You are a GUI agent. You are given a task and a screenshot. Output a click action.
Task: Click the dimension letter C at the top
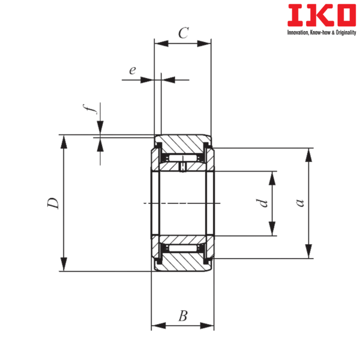(x=184, y=33)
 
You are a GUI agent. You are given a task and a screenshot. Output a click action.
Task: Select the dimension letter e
(x=133, y=70)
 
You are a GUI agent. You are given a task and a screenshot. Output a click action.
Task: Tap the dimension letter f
(x=90, y=109)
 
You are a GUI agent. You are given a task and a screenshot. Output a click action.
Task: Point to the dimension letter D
(x=53, y=203)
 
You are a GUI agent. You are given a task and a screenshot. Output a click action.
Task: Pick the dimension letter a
(x=300, y=203)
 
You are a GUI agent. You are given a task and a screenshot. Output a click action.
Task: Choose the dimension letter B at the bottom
(x=183, y=316)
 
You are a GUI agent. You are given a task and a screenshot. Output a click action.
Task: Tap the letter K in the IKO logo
(x=317, y=15)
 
